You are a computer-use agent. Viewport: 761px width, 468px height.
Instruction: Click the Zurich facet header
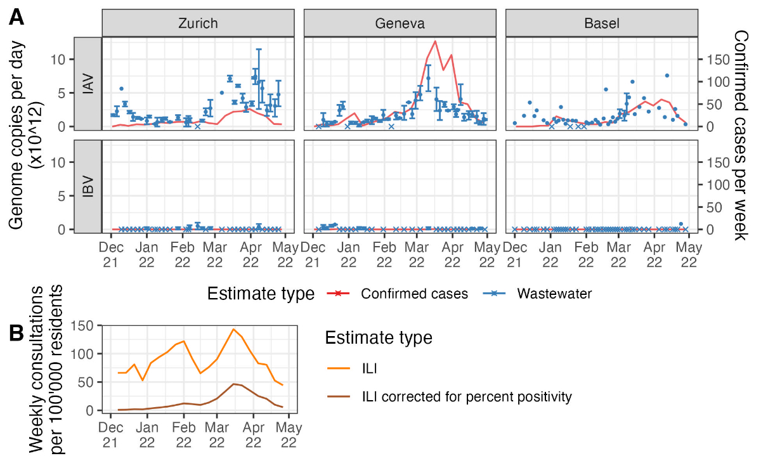pos(197,23)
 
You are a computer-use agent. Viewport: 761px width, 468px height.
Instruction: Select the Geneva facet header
pos(400,23)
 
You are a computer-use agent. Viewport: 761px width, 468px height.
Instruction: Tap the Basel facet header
pos(602,23)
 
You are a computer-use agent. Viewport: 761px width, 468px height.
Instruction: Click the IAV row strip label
pos(88,84)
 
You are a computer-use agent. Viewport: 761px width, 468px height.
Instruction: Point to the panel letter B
pos(17,332)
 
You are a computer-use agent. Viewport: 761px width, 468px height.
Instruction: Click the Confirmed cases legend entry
pos(414,294)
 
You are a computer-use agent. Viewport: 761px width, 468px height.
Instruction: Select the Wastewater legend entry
pos(554,294)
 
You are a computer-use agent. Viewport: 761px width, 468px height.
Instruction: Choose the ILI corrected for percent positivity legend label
pos(467,397)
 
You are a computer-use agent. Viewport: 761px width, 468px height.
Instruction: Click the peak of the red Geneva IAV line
pos(435,41)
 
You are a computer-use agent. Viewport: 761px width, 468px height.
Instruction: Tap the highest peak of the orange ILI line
pos(233,329)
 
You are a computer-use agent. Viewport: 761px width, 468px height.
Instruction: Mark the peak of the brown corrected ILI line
pos(233,384)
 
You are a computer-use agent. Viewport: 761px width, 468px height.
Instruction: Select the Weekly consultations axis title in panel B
pos(48,369)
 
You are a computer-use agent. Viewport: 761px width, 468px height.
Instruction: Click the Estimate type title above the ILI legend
pos(379,337)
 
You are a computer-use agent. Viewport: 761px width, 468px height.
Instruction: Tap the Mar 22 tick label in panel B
pos(217,433)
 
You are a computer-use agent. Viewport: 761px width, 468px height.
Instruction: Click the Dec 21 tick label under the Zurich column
pos(112,252)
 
